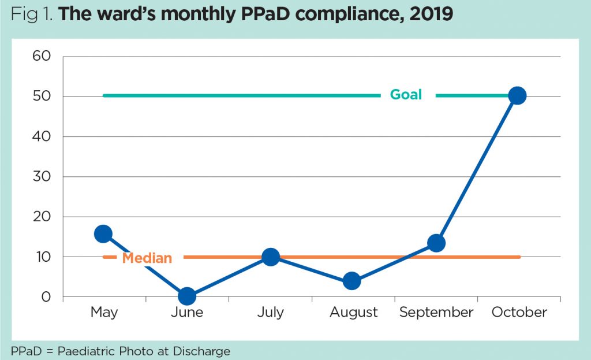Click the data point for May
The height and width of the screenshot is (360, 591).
(x=103, y=233)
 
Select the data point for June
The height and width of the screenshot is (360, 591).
(x=186, y=296)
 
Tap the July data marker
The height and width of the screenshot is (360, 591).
(x=270, y=257)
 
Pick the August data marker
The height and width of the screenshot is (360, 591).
(x=352, y=281)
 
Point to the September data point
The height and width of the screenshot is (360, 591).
(x=436, y=243)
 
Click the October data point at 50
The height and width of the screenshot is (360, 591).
(x=518, y=95)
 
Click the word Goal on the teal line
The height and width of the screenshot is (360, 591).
(x=406, y=95)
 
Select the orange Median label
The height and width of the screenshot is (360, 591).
(x=147, y=258)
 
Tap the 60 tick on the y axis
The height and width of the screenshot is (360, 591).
(x=42, y=56)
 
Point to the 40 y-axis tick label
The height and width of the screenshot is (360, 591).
(x=42, y=136)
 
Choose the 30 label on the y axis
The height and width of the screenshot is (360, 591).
(x=42, y=176)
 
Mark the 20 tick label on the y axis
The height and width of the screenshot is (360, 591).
(x=42, y=217)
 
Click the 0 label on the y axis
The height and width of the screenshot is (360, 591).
(x=47, y=297)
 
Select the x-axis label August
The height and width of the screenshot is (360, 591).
(x=353, y=313)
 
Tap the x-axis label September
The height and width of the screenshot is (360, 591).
(x=436, y=313)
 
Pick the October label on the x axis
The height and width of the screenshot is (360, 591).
(x=519, y=313)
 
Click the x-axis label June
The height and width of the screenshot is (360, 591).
(x=187, y=313)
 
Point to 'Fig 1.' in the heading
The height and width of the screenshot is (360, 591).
(x=32, y=14)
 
